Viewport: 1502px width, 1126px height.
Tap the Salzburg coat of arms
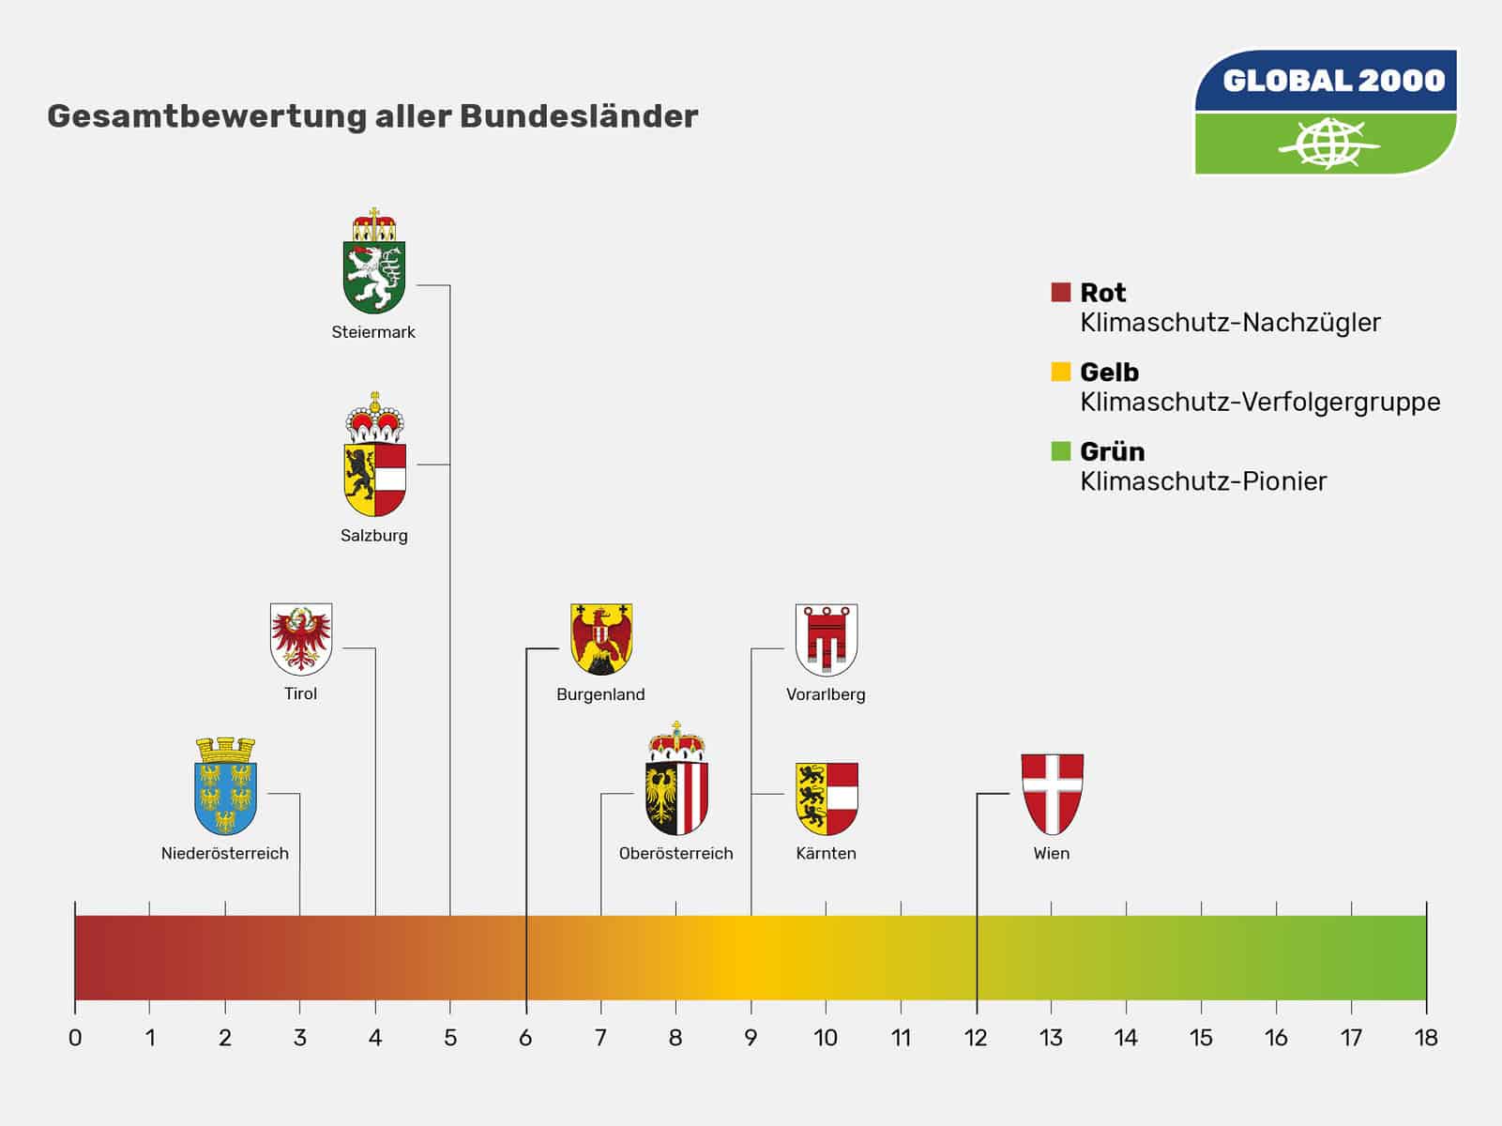(x=374, y=458)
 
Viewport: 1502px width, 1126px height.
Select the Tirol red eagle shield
(x=301, y=639)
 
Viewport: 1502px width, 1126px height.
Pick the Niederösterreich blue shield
(x=225, y=788)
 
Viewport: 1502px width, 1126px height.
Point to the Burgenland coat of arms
(x=601, y=639)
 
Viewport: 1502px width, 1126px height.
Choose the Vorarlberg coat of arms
(x=827, y=640)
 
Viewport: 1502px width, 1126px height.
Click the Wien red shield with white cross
(x=1052, y=794)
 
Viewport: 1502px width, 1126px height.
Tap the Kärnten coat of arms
(x=827, y=799)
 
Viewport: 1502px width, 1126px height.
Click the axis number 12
(x=976, y=1038)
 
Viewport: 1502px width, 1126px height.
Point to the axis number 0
(x=75, y=1038)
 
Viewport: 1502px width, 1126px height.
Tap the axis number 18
(x=1426, y=1038)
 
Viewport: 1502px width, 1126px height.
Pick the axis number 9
(x=751, y=1038)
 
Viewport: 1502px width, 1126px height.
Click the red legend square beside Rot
(x=1061, y=293)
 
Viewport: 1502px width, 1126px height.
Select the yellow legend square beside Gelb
(x=1061, y=372)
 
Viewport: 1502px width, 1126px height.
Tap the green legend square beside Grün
(x=1061, y=451)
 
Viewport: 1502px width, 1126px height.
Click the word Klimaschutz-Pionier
(x=1203, y=481)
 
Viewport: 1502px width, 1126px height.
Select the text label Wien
(x=1052, y=853)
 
